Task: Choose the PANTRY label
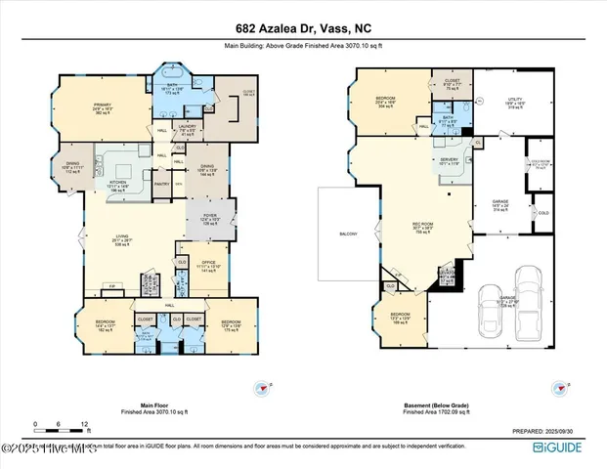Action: coord(162,183)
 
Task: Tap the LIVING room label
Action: coord(120,240)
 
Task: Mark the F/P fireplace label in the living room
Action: coord(112,286)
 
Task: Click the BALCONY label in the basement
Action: coord(348,234)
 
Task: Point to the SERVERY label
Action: coord(450,159)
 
